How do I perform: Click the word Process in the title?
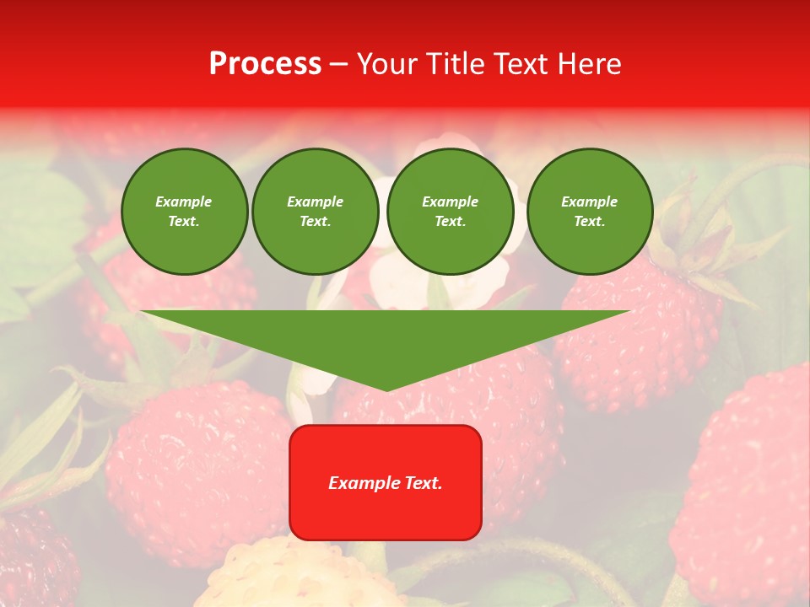(265, 64)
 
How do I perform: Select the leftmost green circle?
(184, 212)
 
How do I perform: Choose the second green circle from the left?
(315, 212)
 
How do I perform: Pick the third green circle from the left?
(450, 212)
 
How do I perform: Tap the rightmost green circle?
(589, 212)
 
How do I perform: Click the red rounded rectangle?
(385, 482)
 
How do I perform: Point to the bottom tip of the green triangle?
(386, 389)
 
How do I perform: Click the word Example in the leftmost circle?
(184, 201)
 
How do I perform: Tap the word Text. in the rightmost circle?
(589, 221)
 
